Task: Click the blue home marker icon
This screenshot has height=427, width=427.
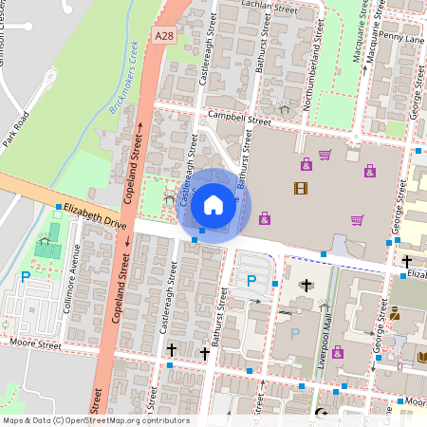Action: [213, 204]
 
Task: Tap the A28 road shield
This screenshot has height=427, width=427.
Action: [164, 35]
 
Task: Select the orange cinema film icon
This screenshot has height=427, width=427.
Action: [301, 188]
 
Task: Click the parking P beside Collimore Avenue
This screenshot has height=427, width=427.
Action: [26, 277]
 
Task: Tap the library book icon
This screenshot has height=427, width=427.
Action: [421, 358]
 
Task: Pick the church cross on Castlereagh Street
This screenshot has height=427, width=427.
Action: [172, 351]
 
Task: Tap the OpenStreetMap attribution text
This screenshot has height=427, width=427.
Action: [95, 420]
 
